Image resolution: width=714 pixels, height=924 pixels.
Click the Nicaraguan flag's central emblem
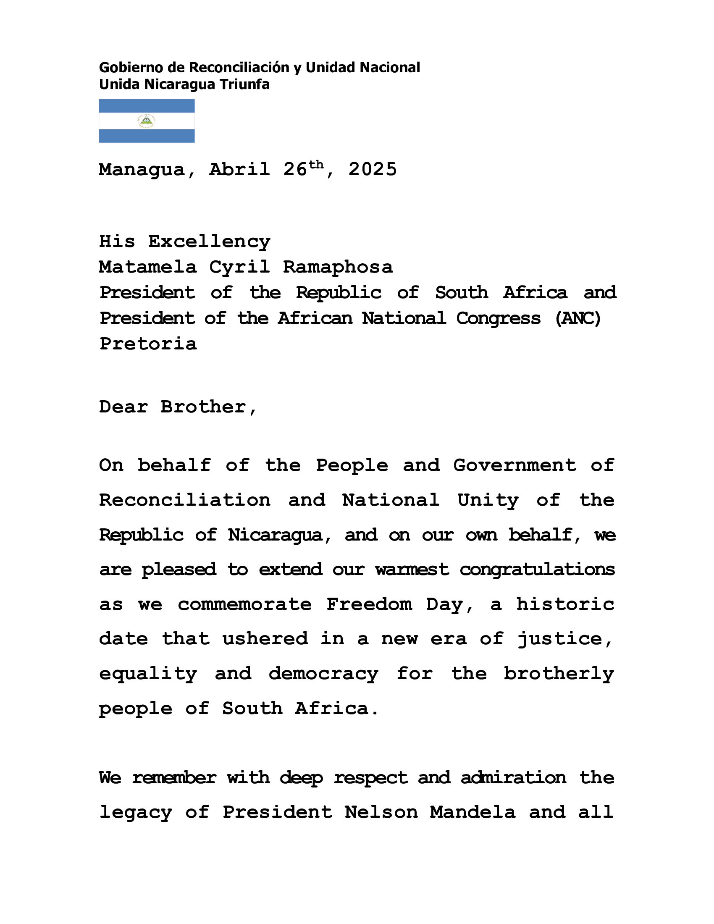pos(146,121)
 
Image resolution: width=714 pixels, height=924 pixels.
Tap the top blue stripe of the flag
pos(146,105)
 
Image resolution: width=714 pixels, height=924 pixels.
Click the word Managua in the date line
pos(142,170)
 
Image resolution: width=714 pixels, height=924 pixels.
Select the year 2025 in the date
pos(373,170)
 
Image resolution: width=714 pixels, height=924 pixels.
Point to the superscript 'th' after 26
pos(316,164)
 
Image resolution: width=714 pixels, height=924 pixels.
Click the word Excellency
pos(209,241)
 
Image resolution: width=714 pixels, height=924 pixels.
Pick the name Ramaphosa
pos(338,268)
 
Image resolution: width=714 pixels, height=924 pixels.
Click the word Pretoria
pos(148,344)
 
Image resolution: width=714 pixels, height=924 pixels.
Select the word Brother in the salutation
pos(203,407)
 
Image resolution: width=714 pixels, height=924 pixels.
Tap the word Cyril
pos(239,268)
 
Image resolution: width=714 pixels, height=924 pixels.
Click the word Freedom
pos(369,604)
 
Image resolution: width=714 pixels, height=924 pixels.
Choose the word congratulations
pos(537,570)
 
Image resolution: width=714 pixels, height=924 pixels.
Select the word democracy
pos(323,674)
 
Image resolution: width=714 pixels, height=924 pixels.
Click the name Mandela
pos(472,812)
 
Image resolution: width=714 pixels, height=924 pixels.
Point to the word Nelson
pos(381,812)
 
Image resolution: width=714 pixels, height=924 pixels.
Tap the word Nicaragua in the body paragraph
pos(275,535)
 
